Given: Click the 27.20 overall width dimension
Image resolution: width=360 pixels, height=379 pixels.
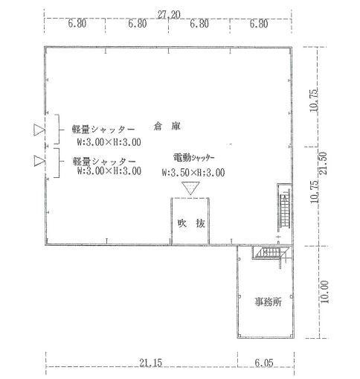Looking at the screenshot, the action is [x=169, y=15].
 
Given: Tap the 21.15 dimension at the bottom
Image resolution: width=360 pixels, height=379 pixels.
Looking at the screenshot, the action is [x=150, y=363].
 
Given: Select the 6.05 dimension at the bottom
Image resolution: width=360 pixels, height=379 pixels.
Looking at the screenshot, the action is [x=264, y=363].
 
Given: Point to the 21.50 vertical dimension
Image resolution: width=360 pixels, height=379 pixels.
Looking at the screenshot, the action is [x=324, y=163].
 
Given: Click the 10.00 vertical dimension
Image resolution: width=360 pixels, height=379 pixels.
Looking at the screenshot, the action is [x=324, y=292].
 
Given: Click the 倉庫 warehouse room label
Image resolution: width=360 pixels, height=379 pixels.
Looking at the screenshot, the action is [x=167, y=127].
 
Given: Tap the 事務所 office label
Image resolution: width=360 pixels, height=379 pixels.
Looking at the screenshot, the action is [x=269, y=302].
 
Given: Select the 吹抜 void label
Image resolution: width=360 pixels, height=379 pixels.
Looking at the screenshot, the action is [x=191, y=223].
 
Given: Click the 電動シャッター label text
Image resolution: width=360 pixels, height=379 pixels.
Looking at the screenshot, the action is [x=193, y=158].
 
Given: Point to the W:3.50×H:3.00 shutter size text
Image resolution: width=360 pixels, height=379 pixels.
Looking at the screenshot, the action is [x=193, y=173].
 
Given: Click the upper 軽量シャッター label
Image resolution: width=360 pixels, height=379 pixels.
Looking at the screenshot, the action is [x=103, y=130].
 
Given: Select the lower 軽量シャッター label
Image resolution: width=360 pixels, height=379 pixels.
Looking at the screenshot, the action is [x=104, y=162].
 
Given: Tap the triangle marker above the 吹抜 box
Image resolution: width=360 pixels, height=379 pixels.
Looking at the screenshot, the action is [x=190, y=188].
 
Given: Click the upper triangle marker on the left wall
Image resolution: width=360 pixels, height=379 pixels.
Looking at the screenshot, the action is [x=39, y=130].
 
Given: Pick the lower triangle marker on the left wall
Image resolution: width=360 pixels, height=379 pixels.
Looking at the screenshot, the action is [x=39, y=161].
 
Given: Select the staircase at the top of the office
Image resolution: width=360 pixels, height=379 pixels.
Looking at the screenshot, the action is [x=271, y=253].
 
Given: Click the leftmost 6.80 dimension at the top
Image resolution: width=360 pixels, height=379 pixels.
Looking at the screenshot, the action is [x=77, y=24].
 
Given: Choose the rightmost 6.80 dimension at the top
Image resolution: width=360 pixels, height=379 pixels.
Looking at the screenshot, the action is [x=259, y=24].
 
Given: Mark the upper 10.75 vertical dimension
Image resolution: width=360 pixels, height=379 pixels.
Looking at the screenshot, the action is [x=314, y=101].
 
